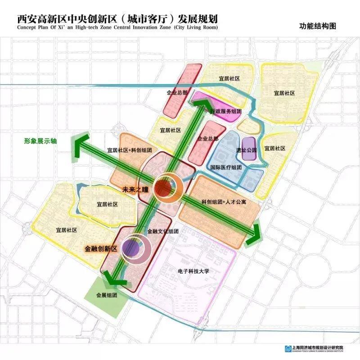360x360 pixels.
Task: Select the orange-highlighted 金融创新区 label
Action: (101, 248)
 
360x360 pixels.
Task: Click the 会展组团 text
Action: (106, 296)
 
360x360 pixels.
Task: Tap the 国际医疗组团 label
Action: (226, 167)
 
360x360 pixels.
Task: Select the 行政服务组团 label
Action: (226, 111)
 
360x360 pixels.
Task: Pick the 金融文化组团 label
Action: (163, 231)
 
